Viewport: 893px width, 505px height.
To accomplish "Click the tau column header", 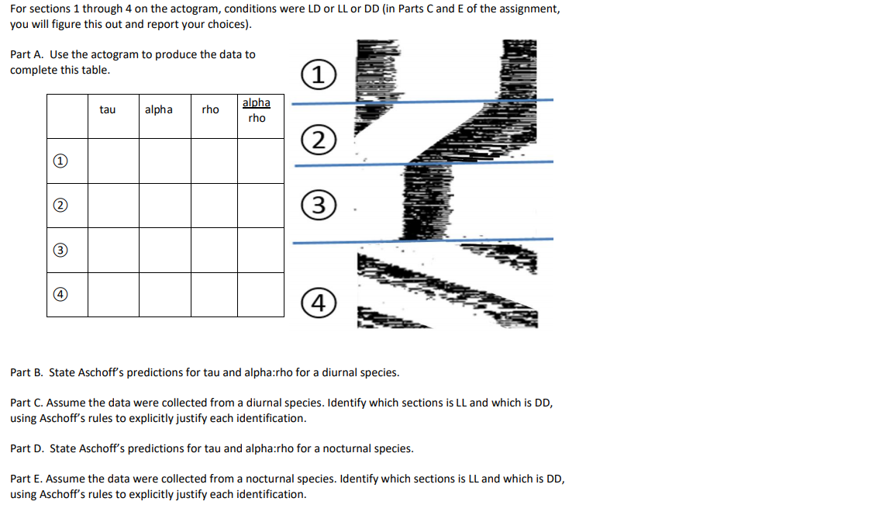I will click(108, 110).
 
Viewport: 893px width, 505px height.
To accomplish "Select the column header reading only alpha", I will click(159, 110).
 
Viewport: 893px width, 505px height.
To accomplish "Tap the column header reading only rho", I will click(210, 110).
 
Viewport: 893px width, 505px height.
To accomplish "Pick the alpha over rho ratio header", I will click(257, 110).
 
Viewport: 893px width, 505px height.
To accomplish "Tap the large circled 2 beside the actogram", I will click(319, 140).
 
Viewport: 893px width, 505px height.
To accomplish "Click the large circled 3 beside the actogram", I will click(319, 207).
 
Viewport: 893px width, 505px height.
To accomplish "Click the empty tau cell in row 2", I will click(113, 206).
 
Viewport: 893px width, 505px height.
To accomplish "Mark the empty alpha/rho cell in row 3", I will click(260, 250).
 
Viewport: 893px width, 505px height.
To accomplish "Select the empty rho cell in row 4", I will click(214, 295).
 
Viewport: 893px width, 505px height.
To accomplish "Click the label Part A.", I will click(26, 54).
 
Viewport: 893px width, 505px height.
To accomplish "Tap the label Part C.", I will click(26, 403).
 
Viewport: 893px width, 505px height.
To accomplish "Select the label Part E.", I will click(26, 479).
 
